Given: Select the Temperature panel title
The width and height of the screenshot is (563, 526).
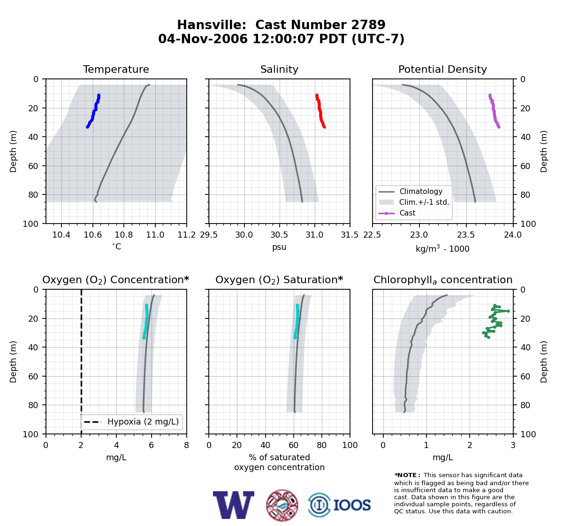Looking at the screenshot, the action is coord(116,69).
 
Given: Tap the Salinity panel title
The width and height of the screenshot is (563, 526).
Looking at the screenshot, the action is coord(279,69).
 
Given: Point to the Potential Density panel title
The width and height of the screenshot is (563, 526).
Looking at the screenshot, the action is coord(442,69).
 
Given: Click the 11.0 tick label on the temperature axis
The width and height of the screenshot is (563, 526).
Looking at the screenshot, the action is coord(155,235).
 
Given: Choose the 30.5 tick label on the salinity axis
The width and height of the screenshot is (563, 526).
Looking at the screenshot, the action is coord(279,235).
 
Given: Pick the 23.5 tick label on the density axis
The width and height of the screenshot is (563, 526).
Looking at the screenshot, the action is coord(466,235).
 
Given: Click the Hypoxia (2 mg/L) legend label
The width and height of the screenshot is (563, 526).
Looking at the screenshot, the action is coord(143,422).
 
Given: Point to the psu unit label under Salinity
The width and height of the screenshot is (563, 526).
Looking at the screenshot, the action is coord(279,247).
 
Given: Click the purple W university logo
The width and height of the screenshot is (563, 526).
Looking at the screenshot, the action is coord(234,505).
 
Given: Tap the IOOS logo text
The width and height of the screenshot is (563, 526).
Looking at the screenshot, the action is coord(352,505).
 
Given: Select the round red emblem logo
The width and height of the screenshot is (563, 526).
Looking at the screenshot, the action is coord(282,505).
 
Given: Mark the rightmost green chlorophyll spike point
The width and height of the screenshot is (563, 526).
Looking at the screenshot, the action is coord(508,311).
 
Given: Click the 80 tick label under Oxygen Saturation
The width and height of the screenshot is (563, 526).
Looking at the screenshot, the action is coord(321,445).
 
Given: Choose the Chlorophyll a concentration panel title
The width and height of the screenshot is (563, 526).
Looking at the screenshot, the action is coord(443,280).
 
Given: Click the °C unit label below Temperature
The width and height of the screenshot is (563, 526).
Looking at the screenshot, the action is coord(116,247).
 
